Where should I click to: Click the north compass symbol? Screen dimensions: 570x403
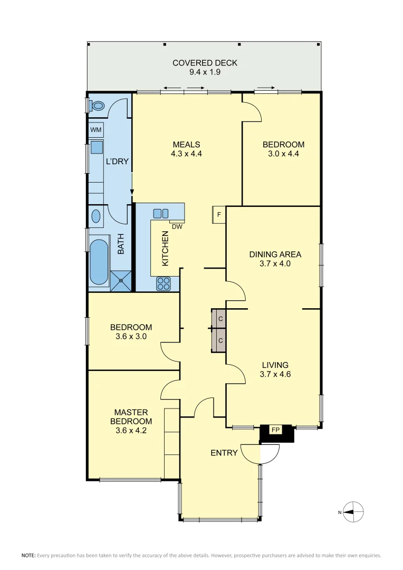click(355, 511)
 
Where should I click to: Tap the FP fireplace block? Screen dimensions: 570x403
click(275, 431)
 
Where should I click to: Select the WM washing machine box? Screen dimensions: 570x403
click(95, 130)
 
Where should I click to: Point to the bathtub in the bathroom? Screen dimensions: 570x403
click(99, 262)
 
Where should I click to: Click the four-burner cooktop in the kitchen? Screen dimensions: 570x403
click(164, 284)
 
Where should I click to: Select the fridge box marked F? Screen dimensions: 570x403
click(219, 215)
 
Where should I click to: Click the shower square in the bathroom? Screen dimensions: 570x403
click(121, 281)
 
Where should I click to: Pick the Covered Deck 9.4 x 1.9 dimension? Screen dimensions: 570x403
click(205, 72)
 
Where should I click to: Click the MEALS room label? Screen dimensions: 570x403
click(187, 145)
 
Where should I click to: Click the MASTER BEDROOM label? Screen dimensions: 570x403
click(131, 416)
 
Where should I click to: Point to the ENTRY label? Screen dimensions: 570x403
click(224, 453)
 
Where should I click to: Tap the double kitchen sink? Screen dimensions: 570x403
click(160, 213)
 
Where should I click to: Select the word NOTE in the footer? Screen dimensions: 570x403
click(28, 555)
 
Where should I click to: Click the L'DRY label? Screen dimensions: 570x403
click(117, 161)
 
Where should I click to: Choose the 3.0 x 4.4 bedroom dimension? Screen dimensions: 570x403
click(284, 154)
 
